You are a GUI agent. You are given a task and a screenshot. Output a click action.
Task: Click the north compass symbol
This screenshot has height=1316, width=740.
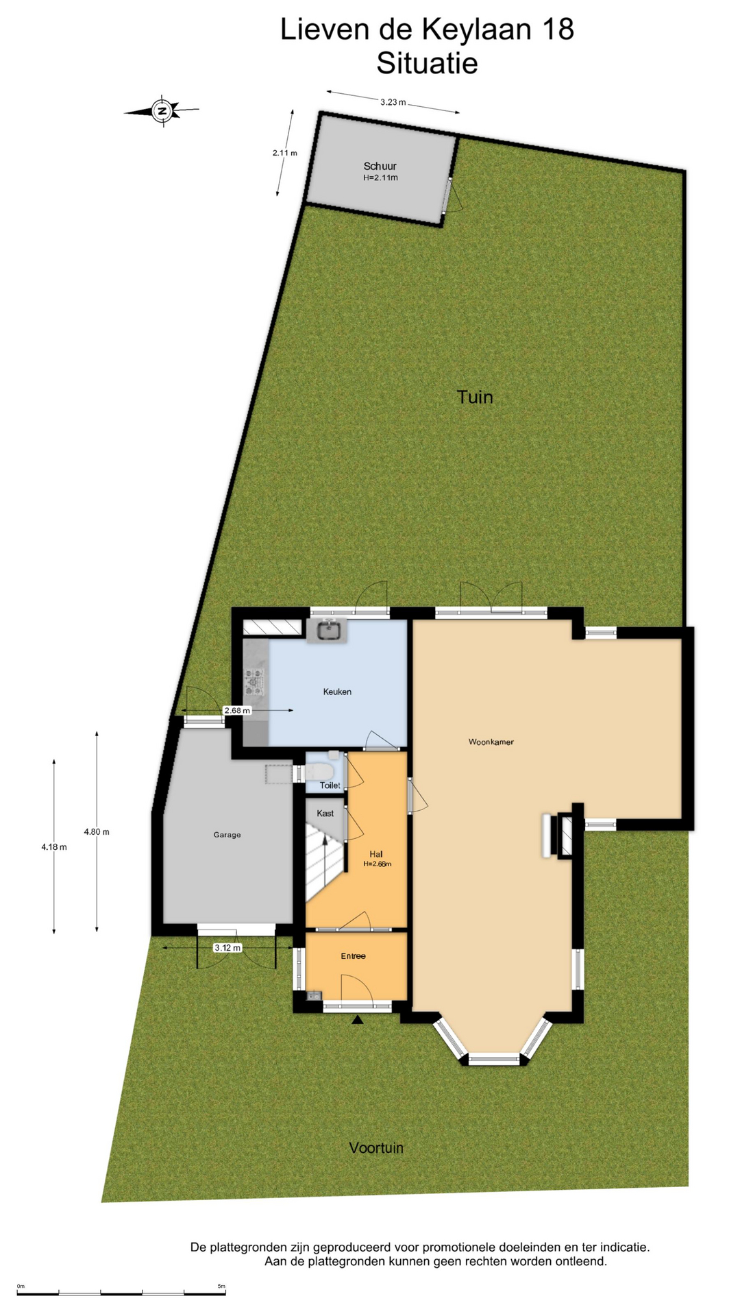(162, 110)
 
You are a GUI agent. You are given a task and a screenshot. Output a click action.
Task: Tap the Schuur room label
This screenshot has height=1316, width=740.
(380, 166)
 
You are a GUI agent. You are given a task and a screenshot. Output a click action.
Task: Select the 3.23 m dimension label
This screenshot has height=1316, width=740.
(393, 102)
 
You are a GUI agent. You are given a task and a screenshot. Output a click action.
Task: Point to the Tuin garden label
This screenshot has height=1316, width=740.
(475, 397)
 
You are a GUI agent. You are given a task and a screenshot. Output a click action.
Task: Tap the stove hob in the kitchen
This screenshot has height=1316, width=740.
(255, 679)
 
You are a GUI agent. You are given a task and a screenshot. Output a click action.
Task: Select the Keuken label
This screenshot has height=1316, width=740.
(337, 692)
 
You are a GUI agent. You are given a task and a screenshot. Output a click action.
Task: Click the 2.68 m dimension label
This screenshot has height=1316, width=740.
(237, 711)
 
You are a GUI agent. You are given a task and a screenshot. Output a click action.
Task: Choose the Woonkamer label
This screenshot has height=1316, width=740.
(491, 742)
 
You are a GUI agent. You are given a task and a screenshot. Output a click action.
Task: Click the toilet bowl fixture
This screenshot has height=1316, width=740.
(319, 772)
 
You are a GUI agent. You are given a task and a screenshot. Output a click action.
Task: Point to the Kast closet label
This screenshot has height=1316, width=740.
(325, 813)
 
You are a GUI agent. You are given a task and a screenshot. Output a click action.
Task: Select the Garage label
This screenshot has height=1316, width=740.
(227, 835)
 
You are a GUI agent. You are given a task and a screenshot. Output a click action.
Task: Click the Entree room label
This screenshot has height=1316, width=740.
(354, 956)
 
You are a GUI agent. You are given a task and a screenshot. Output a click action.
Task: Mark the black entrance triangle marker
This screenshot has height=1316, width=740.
(357, 1020)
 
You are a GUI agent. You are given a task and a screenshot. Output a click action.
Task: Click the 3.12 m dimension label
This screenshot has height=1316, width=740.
(227, 948)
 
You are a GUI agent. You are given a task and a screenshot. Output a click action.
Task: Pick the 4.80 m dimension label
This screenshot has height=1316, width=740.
(97, 831)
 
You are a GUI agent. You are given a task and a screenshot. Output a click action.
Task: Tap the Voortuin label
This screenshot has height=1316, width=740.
(376, 1147)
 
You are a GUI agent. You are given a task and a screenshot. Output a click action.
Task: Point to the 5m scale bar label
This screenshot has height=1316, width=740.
(221, 1286)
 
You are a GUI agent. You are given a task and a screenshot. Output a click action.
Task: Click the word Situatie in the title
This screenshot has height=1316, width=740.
(427, 63)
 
